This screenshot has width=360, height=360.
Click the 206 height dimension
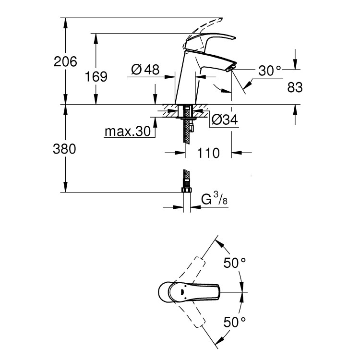[65, 61]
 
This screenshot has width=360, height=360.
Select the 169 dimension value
[96, 76]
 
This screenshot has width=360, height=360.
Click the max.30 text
[128, 131]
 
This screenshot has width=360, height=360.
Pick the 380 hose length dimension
[65, 149]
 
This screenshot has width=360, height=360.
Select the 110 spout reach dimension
[208, 154]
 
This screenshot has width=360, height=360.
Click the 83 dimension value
[295, 87]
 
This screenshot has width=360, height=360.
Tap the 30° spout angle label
[269, 71]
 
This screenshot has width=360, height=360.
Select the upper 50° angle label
[235, 263]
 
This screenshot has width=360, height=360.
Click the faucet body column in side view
[186, 82]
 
